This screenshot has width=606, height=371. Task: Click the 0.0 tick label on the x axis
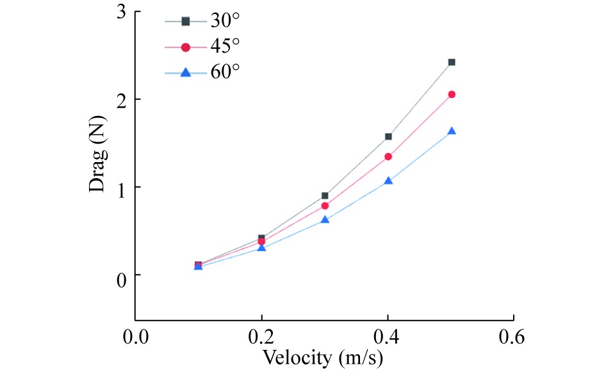tap(135, 336)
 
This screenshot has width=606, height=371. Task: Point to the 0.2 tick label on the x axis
tap(261, 336)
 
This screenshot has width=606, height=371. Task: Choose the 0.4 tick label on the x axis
tap(388, 336)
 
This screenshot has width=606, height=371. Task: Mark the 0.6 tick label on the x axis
tap(514, 336)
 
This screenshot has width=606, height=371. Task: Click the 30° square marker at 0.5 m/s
tap(452, 62)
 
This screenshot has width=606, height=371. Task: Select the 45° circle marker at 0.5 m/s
tap(452, 94)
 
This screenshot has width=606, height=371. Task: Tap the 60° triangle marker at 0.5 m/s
tap(452, 131)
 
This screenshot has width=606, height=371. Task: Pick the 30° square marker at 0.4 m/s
tap(388, 136)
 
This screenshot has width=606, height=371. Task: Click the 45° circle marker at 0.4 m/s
tap(388, 156)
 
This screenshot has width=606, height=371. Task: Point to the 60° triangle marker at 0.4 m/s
tap(388, 181)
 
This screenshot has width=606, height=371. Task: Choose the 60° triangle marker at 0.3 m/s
tap(325, 220)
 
